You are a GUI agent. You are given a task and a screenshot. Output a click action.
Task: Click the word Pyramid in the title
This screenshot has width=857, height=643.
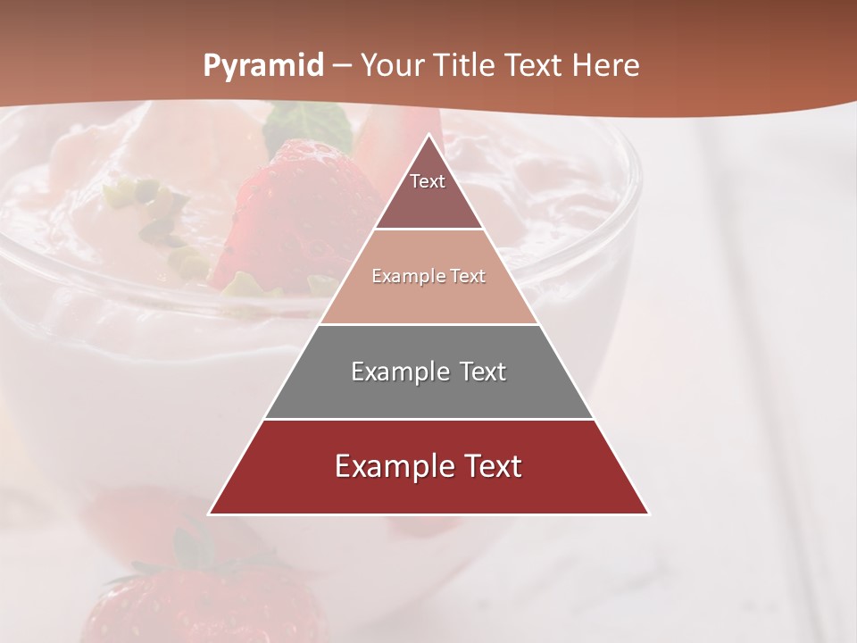tap(263, 66)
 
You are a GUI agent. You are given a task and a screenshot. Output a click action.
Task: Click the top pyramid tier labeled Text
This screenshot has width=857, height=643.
tap(428, 188)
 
